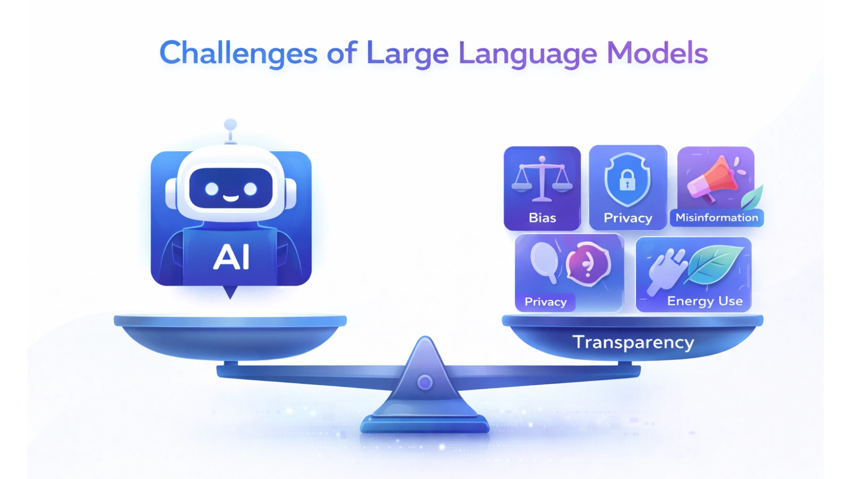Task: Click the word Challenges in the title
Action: (238, 54)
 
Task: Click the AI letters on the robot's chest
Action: (231, 258)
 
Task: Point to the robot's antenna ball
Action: (230, 125)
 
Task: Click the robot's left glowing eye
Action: (212, 188)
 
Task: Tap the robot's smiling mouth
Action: (230, 198)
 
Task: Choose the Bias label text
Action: (542, 218)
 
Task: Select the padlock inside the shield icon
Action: (628, 181)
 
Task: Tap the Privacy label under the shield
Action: (628, 218)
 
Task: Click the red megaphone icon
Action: (713, 178)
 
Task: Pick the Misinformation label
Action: (716, 218)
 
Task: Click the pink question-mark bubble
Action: (588, 263)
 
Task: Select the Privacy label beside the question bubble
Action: (545, 302)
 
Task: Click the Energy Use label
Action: (705, 301)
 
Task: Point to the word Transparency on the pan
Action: (633, 342)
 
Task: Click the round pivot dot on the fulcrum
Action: (424, 382)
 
